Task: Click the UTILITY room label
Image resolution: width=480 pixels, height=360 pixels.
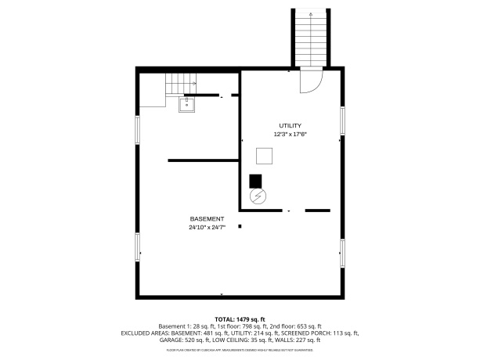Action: coord(290,125)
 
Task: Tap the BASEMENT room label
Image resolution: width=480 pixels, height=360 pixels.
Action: coord(207,218)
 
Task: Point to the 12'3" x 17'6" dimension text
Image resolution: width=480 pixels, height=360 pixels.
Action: coord(290,135)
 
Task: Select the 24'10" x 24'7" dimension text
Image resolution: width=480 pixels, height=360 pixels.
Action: coord(207,228)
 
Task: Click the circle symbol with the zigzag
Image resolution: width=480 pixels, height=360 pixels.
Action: coord(257,196)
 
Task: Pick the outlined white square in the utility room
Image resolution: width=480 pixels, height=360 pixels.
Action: coord(265,156)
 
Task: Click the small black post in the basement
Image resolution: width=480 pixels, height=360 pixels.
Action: coord(240,227)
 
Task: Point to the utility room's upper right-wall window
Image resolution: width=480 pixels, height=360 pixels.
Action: coord(342,121)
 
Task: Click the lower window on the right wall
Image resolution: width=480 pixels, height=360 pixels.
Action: coord(342,253)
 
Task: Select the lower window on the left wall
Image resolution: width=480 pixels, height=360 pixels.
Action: coord(139,247)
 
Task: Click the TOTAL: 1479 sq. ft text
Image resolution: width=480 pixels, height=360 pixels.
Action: coord(240,319)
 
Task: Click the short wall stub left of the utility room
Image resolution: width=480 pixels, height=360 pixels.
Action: coord(203,160)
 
